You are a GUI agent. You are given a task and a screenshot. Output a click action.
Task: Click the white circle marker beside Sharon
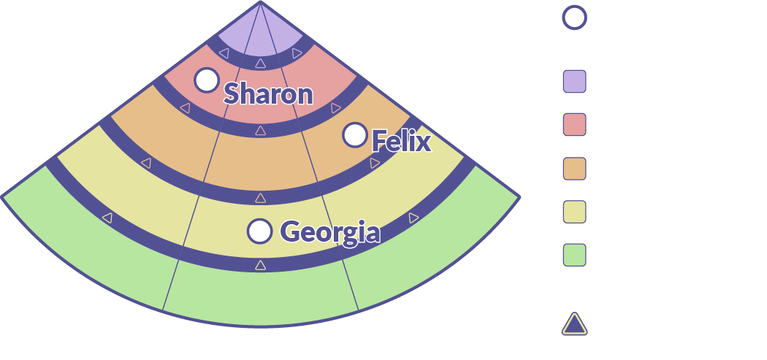[x=207, y=80]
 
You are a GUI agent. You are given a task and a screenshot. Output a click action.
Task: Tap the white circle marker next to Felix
[x=355, y=134]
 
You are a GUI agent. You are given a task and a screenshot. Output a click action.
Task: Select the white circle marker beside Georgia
[x=259, y=231]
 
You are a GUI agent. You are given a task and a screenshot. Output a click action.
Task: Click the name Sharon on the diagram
[x=268, y=93]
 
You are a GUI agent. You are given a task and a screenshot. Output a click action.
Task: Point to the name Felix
[x=401, y=141]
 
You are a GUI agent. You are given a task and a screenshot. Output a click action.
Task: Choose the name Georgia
[x=330, y=233]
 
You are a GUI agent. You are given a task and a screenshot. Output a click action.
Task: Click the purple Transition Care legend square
[x=575, y=83]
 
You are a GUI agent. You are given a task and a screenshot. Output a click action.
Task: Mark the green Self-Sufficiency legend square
[x=575, y=256]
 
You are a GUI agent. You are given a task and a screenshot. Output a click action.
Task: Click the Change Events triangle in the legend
[x=575, y=323]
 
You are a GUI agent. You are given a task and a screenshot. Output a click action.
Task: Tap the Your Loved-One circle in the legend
[x=575, y=19]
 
